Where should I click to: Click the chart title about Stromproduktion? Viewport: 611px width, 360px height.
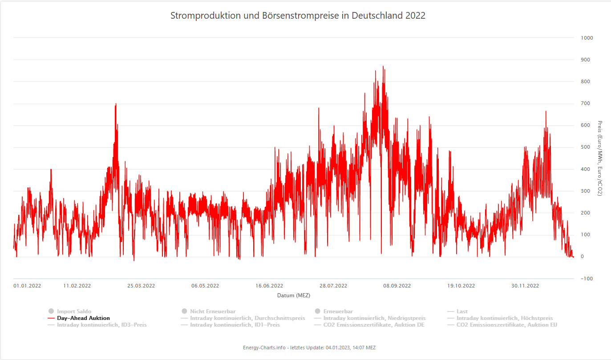[298, 16]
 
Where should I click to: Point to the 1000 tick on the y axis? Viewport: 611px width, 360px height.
[587, 38]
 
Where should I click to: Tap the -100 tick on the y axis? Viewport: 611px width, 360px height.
[587, 279]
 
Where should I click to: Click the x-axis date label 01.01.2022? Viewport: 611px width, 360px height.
[27, 286]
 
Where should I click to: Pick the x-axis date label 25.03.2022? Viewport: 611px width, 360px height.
[141, 286]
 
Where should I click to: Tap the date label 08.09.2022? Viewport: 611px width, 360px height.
[397, 286]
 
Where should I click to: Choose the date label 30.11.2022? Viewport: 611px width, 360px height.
[525, 286]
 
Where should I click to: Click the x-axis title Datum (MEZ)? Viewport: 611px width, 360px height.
[294, 295]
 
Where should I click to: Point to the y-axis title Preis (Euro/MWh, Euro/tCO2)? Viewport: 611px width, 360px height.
[600, 158]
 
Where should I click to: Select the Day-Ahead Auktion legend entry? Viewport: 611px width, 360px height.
[83, 318]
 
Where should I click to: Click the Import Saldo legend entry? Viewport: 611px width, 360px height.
[74, 311]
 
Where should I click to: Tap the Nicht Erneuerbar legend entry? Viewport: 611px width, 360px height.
[213, 311]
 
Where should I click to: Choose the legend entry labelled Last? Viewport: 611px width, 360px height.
[462, 311]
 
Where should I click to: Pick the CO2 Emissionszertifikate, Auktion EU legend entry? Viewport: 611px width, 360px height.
[506, 325]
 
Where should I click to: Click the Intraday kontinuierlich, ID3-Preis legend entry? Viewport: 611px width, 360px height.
[101, 325]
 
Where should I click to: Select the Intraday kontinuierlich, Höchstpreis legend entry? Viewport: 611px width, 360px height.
[505, 318]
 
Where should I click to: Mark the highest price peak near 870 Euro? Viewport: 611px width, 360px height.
[383, 67]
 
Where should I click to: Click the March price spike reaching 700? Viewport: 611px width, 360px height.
[116, 104]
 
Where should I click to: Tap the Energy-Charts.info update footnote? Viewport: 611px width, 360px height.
[309, 347]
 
